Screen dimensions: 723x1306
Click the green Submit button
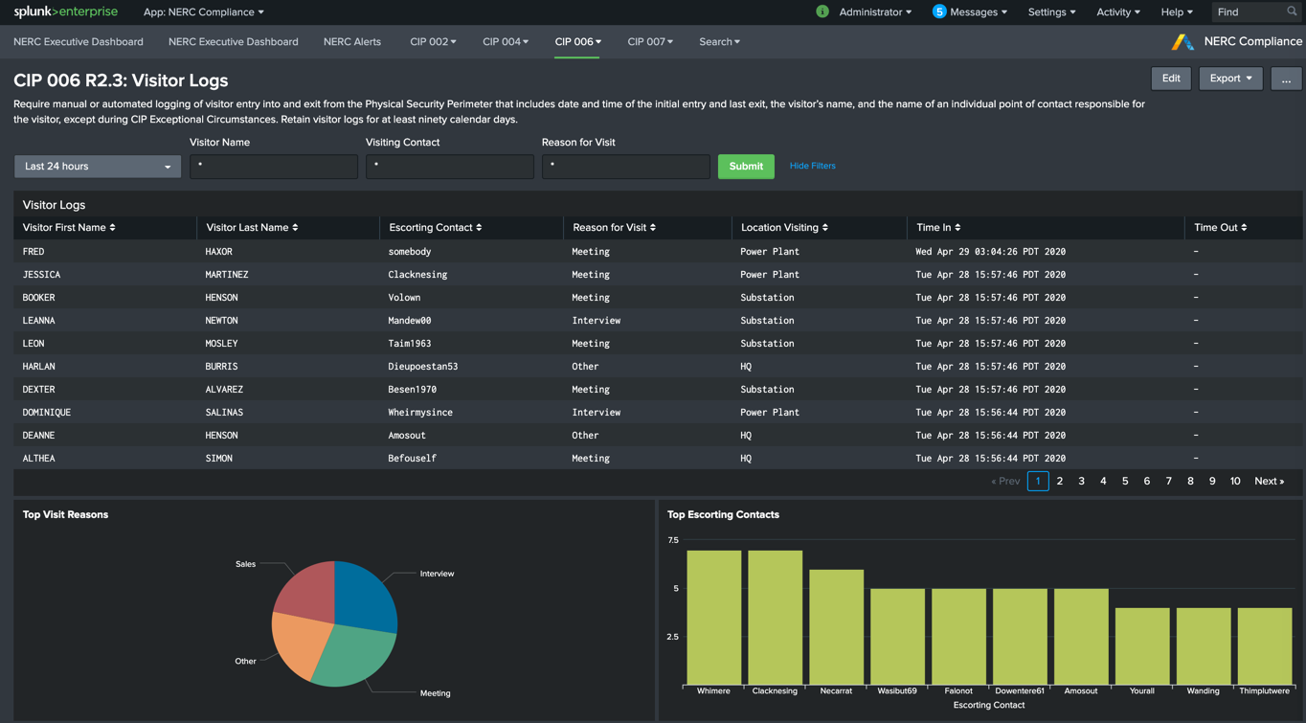746,167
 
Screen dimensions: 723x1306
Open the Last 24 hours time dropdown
97,167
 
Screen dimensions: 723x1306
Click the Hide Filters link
812,166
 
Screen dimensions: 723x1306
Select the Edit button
1170,79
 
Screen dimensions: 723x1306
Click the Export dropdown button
1230,79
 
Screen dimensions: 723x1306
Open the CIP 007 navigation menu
649,42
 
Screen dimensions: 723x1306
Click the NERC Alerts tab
351,42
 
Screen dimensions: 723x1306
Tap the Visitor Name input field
273,167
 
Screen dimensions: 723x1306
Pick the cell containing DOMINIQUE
47,413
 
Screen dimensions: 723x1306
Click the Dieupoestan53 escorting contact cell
422,367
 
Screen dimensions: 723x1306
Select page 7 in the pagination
1168,482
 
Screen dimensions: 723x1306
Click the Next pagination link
1269,482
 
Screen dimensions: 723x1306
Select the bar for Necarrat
836,627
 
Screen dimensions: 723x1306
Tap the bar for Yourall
1141,646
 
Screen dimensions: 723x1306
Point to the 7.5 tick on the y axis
673,540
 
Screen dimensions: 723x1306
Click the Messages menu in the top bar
972,12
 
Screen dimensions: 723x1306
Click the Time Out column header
1220,228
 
